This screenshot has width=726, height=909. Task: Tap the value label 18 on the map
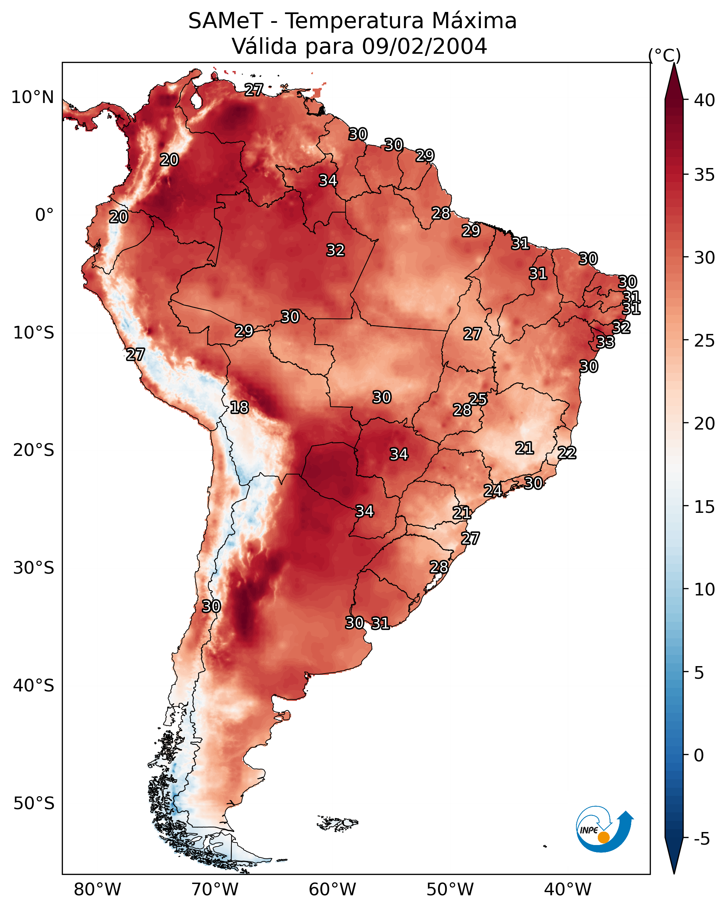pyautogui.click(x=239, y=407)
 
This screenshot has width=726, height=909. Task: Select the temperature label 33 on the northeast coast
pyautogui.click(x=606, y=342)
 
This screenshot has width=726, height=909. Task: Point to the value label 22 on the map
pyautogui.click(x=567, y=452)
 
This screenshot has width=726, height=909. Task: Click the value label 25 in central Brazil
pyautogui.click(x=478, y=399)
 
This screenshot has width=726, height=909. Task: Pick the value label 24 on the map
pyautogui.click(x=492, y=490)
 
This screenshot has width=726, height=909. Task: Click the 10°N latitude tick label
pyautogui.click(x=32, y=97)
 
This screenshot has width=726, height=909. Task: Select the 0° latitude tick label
pyautogui.click(x=44, y=215)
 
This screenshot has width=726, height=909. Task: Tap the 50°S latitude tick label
pyautogui.click(x=34, y=804)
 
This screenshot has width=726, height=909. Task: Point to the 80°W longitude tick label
pyautogui.click(x=97, y=890)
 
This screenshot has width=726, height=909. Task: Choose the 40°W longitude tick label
pyautogui.click(x=568, y=890)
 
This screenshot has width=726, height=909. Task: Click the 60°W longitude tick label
pyautogui.click(x=333, y=890)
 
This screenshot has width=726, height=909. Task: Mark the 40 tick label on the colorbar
pyautogui.click(x=705, y=100)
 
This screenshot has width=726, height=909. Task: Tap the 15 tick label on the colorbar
pyautogui.click(x=705, y=507)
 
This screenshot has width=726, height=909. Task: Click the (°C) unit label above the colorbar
pyautogui.click(x=665, y=55)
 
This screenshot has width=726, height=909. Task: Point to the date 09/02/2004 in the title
pyautogui.click(x=424, y=46)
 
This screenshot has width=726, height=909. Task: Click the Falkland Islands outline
pyautogui.click(x=338, y=823)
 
